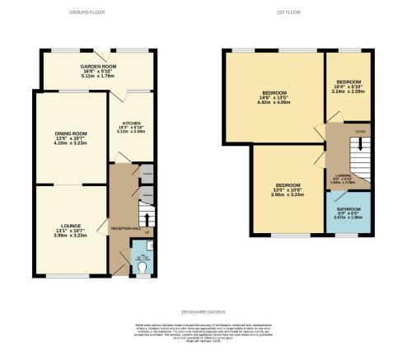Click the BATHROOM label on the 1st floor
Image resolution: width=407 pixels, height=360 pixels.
(x=348, y=210)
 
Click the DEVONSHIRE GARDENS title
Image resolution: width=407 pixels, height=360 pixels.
(x=203, y=312)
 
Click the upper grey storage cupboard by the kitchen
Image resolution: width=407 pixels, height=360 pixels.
(x=147, y=175)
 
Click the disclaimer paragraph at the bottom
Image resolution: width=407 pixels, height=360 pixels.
(x=203, y=335)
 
